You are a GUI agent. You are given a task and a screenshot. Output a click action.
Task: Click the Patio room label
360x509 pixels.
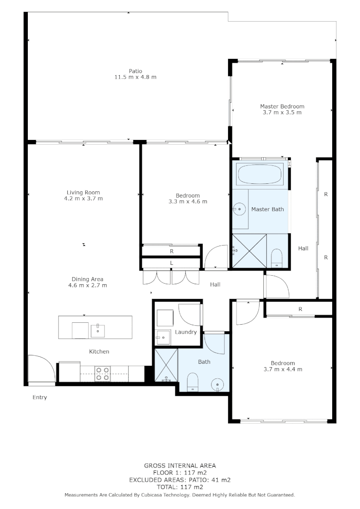pyautogui.click(x=135, y=71)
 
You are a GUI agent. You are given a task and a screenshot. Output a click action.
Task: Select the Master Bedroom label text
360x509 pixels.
pyautogui.click(x=282, y=107)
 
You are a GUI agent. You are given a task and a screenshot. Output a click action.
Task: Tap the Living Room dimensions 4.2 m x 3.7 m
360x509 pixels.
pyautogui.click(x=83, y=198)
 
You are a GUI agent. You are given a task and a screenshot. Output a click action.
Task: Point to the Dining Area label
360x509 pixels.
pyautogui.click(x=87, y=279)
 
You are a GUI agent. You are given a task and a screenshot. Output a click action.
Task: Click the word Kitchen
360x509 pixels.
pyautogui.click(x=99, y=352)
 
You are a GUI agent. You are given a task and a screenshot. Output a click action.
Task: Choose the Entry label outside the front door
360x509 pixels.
pyautogui.click(x=40, y=397)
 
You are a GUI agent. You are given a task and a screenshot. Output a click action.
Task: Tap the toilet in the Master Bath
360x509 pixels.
pyautogui.click(x=277, y=258)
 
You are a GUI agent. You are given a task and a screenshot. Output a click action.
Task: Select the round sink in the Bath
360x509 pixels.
pyautogui.click(x=217, y=384)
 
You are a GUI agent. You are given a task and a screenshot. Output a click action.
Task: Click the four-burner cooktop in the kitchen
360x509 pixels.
pyautogui.click(x=103, y=373)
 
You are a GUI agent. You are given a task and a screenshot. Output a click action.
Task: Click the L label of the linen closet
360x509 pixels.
pyautogui.click(x=172, y=263)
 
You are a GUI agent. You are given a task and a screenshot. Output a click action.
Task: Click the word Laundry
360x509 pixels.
pyautogui.click(x=186, y=332)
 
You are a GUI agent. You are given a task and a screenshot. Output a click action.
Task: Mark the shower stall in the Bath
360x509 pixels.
pyautogui.click(x=166, y=365)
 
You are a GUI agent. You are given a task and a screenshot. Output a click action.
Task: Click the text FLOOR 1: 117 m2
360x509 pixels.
pyautogui.click(x=180, y=473)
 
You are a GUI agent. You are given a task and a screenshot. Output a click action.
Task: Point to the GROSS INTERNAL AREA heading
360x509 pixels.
pyautogui.click(x=180, y=466)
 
